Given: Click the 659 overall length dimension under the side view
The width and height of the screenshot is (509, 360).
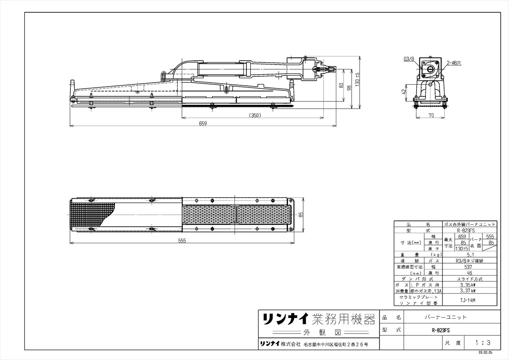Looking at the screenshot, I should coord(203,124).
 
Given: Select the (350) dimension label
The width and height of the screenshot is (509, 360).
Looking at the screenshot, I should coord(255,115).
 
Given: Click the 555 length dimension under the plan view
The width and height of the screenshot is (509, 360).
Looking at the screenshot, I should coord(182,241).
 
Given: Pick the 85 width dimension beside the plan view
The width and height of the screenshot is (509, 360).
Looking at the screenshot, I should coord(301,215).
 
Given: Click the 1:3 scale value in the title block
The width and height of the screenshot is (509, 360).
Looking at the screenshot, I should coord(483,342).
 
